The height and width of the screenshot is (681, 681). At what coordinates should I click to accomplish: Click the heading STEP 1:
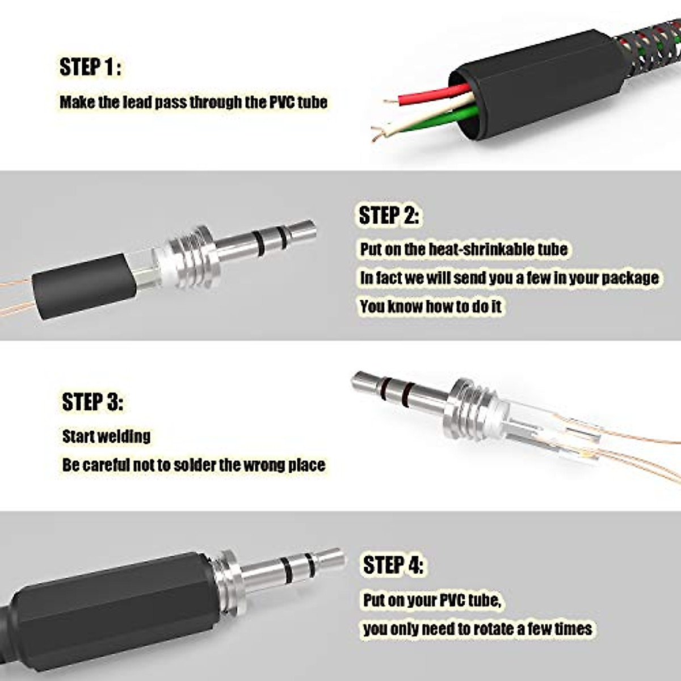point(90,67)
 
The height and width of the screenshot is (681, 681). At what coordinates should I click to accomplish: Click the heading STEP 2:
point(389,216)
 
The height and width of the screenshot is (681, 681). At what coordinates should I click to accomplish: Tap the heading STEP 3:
point(92,402)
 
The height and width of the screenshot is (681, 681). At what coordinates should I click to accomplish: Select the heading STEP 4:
point(393,565)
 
